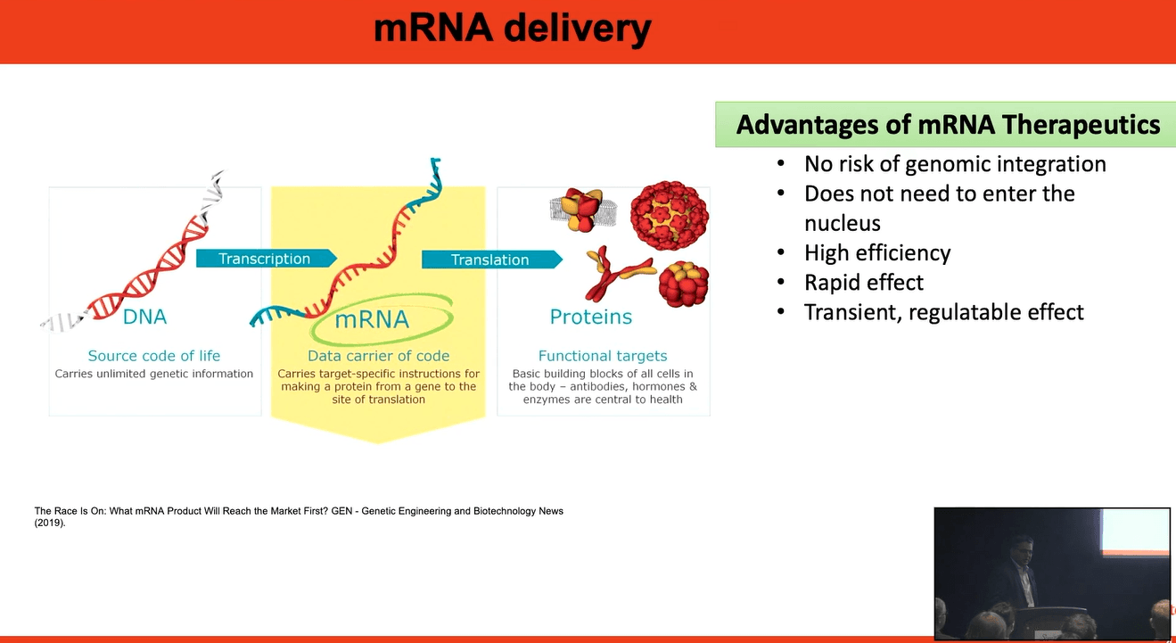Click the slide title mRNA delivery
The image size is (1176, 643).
click(x=512, y=29)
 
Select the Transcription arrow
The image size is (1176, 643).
click(x=266, y=259)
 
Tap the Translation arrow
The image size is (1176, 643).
click(x=490, y=260)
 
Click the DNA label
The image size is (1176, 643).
click(x=144, y=317)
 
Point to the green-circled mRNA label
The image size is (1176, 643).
click(x=371, y=319)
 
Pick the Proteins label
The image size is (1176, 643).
click(x=590, y=317)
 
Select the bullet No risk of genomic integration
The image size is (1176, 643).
click(x=954, y=164)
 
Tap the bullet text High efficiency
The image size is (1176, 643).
click(x=876, y=253)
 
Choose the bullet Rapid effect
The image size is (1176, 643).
click(x=863, y=283)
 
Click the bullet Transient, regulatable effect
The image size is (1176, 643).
click(x=943, y=312)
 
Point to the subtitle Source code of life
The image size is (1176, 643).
click(x=154, y=356)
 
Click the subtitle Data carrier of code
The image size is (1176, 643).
click(x=378, y=356)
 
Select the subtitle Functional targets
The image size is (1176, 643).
click(x=603, y=356)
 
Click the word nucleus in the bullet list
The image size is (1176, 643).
click(x=842, y=223)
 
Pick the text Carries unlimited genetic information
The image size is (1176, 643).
click(x=154, y=374)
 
